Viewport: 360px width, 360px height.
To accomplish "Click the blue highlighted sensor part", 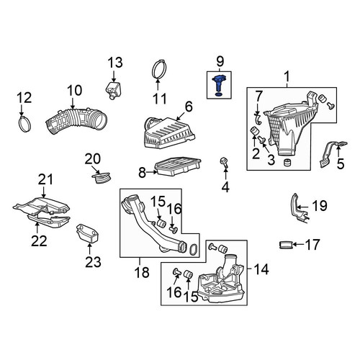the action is [x=218, y=85].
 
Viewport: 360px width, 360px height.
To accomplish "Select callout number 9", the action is [x=220, y=61].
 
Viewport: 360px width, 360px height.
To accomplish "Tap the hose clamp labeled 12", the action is [x=24, y=124].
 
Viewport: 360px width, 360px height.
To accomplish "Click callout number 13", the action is [x=115, y=63].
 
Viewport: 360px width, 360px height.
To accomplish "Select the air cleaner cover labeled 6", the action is [x=169, y=132].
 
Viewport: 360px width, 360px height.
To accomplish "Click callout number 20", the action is [x=93, y=159].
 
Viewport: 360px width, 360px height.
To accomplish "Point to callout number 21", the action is [x=45, y=179].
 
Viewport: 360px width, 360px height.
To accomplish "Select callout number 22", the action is [x=39, y=241].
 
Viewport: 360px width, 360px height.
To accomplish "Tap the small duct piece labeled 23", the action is [x=87, y=233].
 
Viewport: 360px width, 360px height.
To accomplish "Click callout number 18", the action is [x=142, y=272].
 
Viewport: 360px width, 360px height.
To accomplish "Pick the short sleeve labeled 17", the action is [x=286, y=245].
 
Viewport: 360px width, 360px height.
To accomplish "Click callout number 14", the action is [x=261, y=269].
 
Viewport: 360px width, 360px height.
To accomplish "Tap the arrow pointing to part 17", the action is [x=298, y=245].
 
